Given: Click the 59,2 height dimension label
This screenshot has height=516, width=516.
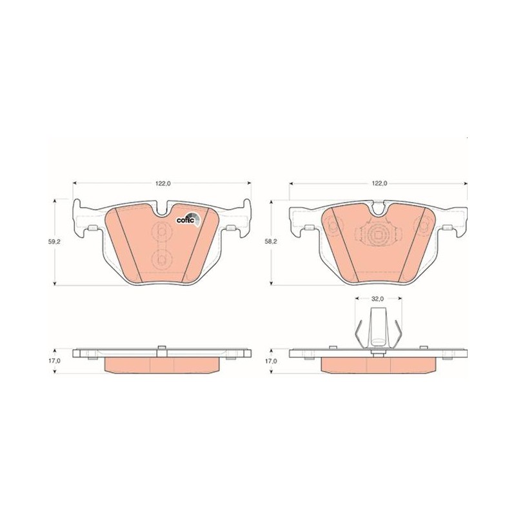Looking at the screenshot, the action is coord(54,241).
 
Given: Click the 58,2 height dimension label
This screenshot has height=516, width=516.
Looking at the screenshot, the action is coord(272,241).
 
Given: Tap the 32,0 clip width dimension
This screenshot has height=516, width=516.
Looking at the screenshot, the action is coord(377,299).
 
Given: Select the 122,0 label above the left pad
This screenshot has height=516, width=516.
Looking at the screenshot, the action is coord(162,184).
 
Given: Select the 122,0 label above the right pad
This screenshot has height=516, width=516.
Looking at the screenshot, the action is coord(379,184).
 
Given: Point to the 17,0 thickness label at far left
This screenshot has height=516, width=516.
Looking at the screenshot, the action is coord(54,361).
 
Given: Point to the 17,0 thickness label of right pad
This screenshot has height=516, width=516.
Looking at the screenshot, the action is coord(272,361).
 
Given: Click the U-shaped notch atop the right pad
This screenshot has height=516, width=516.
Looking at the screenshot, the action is coord(379,208).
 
